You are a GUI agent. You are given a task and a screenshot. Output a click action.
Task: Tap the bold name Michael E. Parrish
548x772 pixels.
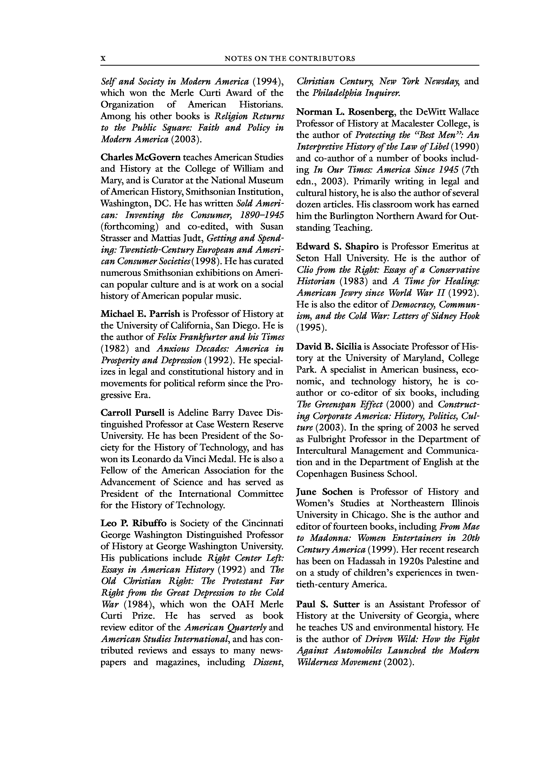click(x=140, y=314)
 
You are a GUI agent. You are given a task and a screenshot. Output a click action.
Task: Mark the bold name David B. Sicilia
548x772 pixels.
click(x=329, y=347)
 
